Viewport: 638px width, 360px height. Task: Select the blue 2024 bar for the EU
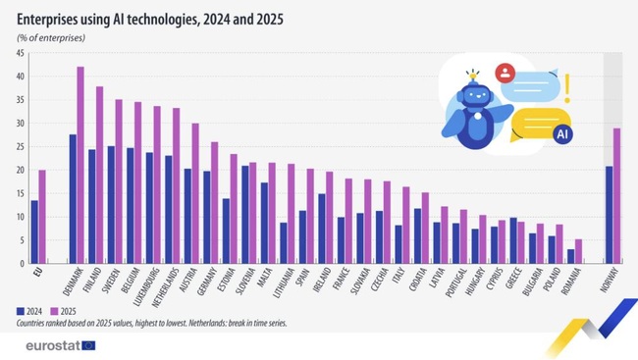tap(34, 231)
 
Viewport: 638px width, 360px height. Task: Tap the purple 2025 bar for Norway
tap(616, 195)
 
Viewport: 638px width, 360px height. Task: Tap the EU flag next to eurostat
tap(88, 344)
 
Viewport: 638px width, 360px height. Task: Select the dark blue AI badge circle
tap(561, 135)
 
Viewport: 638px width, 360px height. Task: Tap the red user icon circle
tap(505, 72)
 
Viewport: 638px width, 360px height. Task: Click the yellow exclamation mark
tap(567, 86)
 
